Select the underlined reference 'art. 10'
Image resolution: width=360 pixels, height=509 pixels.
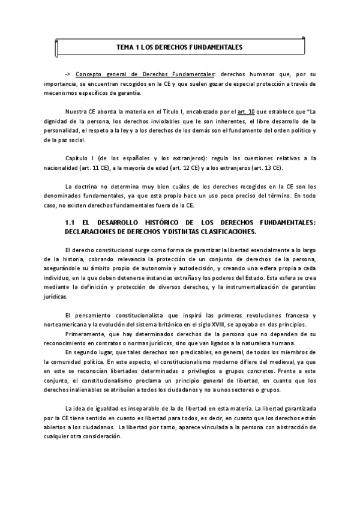click(x=263, y=112)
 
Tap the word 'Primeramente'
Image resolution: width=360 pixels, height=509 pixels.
click(x=86, y=335)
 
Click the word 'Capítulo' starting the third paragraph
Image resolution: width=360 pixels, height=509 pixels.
click(x=77, y=158)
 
